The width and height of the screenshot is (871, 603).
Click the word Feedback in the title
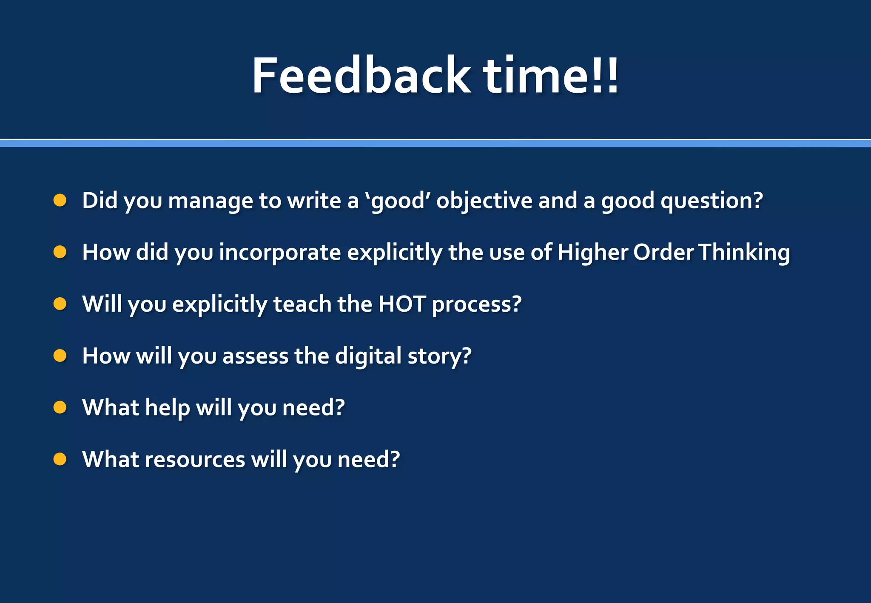point(361,76)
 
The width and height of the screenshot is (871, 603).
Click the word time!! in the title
point(551,76)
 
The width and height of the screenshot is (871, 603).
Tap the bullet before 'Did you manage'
point(60,200)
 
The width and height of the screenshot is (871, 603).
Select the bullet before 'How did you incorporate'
point(60,252)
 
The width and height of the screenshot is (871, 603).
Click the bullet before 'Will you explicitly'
point(60,304)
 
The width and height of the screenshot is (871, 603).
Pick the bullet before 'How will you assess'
point(60,356)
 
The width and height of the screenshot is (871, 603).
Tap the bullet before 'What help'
point(60,407)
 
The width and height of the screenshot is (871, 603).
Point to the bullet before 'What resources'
point(60,459)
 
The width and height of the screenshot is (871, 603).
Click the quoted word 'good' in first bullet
point(398,201)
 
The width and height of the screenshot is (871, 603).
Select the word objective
point(484,201)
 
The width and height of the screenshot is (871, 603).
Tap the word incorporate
point(280,253)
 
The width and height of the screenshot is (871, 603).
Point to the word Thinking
point(744,253)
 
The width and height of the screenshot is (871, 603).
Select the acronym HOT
point(402,304)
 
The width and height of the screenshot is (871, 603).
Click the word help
point(167,408)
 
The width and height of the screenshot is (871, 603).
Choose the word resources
point(195,460)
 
